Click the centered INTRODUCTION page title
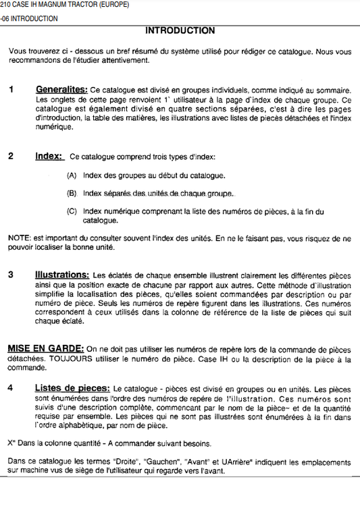[180, 30]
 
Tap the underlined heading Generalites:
[61, 90]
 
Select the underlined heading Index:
[49, 157]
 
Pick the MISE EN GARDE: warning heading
[45, 348]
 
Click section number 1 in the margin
[11, 90]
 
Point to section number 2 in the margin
[11, 157]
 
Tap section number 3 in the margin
[11, 275]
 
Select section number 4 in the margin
[11, 388]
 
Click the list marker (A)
[72, 175]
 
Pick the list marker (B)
[72, 194]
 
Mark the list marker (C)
[72, 211]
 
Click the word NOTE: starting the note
[18, 238]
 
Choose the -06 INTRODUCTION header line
[30, 18]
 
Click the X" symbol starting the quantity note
[11, 443]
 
